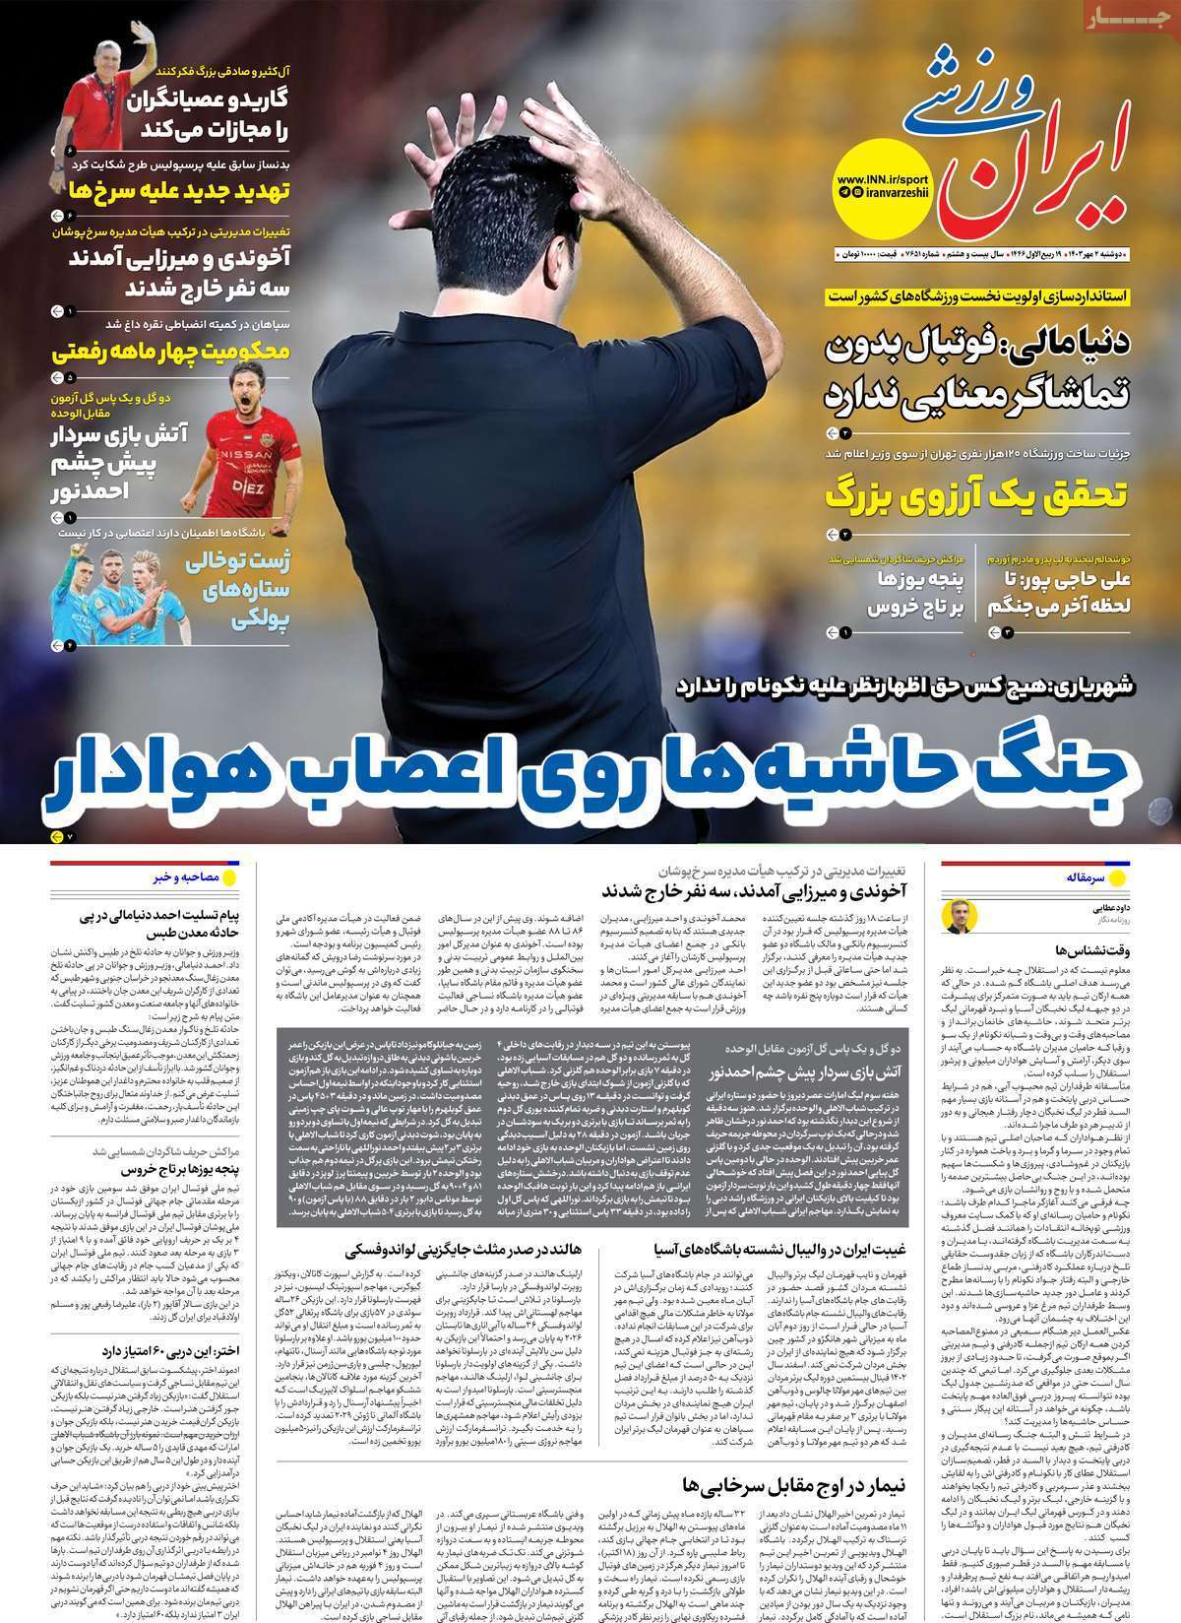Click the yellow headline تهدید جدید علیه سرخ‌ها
click(177, 191)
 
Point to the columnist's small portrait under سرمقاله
click(957, 915)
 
